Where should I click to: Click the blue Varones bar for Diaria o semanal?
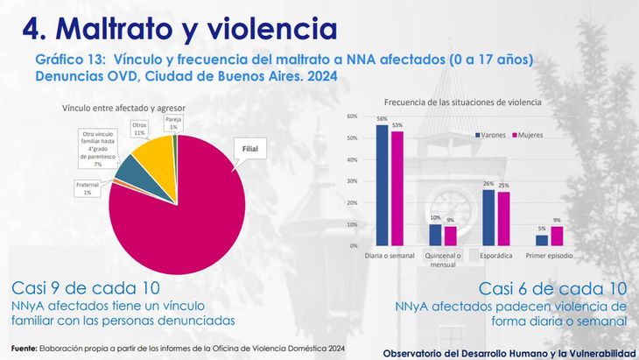382,185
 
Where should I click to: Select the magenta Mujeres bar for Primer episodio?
557,236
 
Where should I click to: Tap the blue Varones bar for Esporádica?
488,217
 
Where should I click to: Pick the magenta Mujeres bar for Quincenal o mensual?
450,236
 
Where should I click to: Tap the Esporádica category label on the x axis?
495,255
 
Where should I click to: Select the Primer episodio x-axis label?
550,255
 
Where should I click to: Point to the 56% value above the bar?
383,118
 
